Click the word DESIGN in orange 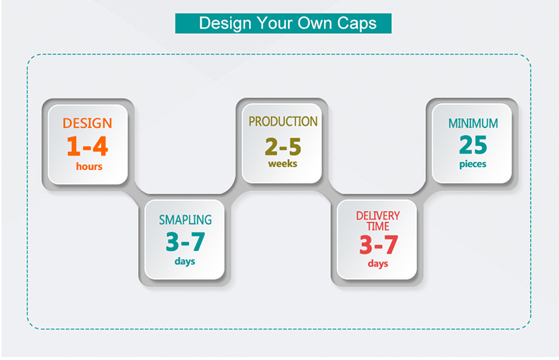pos(87,123)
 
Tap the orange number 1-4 pos(87,146)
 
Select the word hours pos(89,166)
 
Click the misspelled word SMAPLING pos(185,220)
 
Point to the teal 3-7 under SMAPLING pos(185,242)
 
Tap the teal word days pos(185,261)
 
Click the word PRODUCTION pos(283,122)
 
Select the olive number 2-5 pos(283,147)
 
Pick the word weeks pos(283,163)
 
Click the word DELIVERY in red pos(378,216)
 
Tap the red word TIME pos(378,226)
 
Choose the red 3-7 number pos(379,245)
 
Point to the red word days pos(378,264)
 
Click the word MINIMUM pos(473,123)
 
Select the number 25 pos(473,145)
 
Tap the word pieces pos(473,164)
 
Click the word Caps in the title pos(357,23)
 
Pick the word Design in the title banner pos(225,23)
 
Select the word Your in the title pos(275,23)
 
